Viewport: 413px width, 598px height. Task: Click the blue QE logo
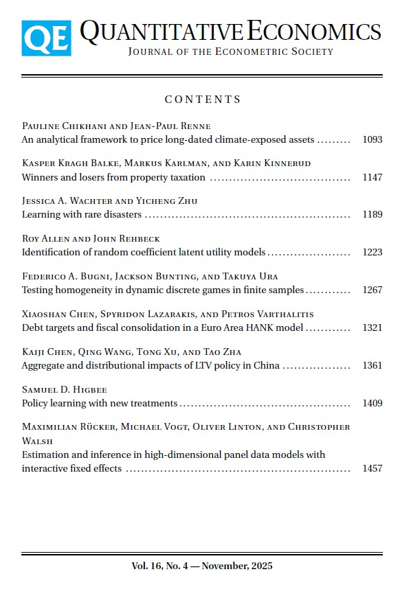click(x=46, y=38)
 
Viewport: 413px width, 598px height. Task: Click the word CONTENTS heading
click(x=203, y=100)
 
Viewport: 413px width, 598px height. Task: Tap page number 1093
click(x=372, y=139)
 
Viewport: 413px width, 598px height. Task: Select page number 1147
click(x=372, y=177)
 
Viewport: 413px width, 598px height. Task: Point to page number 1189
click(x=372, y=214)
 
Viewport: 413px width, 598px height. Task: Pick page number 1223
click(x=372, y=252)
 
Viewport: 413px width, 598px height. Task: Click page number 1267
click(x=372, y=290)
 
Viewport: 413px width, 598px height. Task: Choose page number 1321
click(x=372, y=327)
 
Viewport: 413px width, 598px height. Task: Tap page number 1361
click(x=372, y=365)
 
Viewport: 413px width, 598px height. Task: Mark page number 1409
click(x=372, y=403)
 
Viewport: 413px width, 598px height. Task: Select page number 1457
click(x=372, y=468)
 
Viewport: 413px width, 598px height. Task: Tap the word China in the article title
click(x=266, y=365)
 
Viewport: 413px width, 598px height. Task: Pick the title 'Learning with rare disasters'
click(x=82, y=214)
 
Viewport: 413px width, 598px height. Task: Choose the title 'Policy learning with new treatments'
click(x=100, y=403)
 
